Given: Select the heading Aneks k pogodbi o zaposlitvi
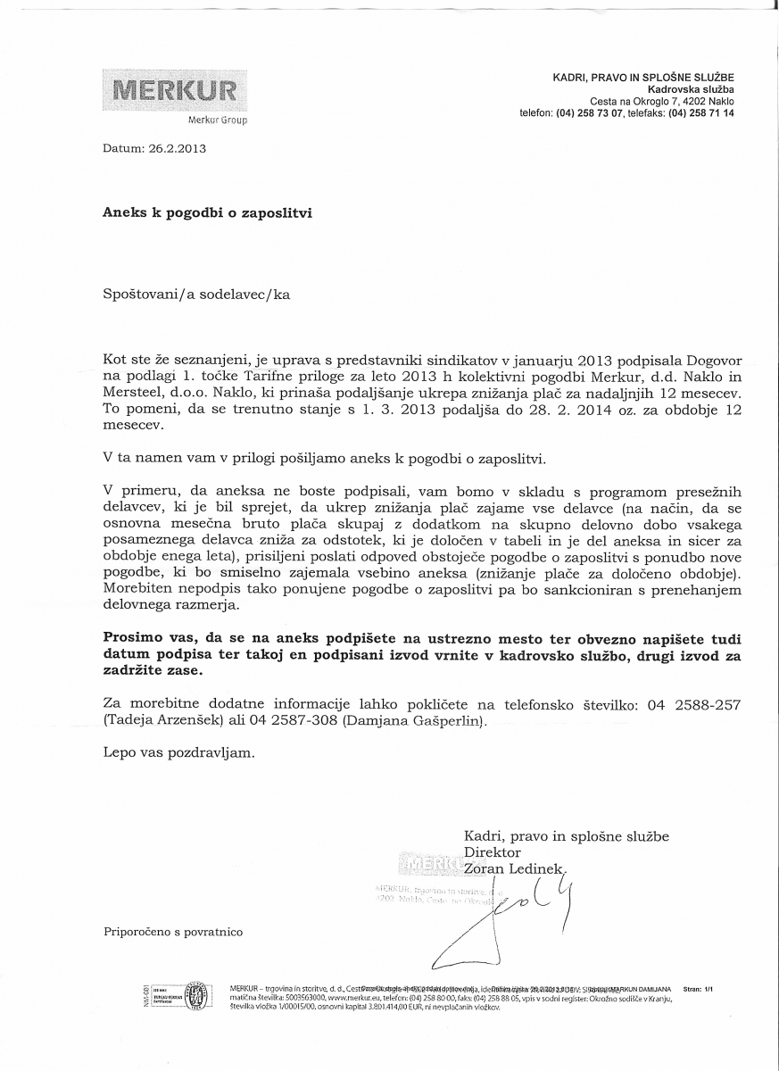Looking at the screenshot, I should click(208, 213).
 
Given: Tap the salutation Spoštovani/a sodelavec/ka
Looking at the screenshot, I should click(196, 293).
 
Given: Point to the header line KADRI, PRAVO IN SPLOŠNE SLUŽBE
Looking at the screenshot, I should click(643, 79).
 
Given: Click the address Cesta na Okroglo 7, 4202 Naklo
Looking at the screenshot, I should click(661, 102).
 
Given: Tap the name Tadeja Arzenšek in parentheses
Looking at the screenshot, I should click(162, 719).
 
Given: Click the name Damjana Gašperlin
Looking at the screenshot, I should click(415, 719).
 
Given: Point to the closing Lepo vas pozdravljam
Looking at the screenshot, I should click(178, 751).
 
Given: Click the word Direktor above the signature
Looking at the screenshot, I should click(493, 851).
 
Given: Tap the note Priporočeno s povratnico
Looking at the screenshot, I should click(173, 932).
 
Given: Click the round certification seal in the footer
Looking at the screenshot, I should click(192, 995).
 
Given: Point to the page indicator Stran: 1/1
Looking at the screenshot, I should click(699, 989).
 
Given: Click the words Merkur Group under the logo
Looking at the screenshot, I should click(218, 120).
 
